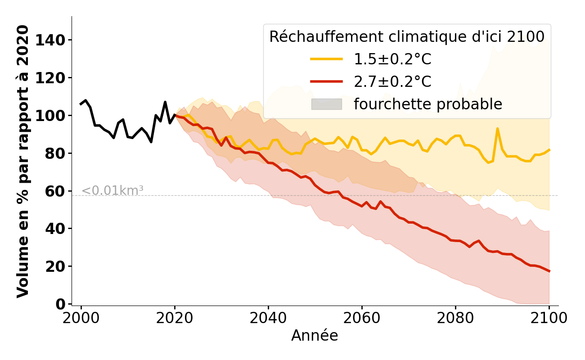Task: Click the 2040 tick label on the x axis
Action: coord(268,318)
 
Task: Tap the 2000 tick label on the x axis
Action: coord(81,318)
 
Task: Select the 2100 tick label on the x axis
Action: coord(549,318)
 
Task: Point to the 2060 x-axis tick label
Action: coord(362,318)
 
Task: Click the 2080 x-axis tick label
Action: coord(455,318)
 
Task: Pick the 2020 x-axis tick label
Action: coord(175,318)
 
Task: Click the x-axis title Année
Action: coord(315,336)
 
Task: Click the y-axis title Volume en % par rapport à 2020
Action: coord(23,161)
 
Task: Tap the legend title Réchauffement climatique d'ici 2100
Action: coord(407,37)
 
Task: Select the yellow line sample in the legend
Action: coord(326,59)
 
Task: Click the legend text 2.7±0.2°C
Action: coord(392,82)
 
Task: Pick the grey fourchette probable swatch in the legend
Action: coord(326,104)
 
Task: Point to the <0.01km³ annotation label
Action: coord(112,191)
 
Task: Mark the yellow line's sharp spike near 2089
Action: coord(497,129)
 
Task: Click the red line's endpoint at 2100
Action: coord(549,271)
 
